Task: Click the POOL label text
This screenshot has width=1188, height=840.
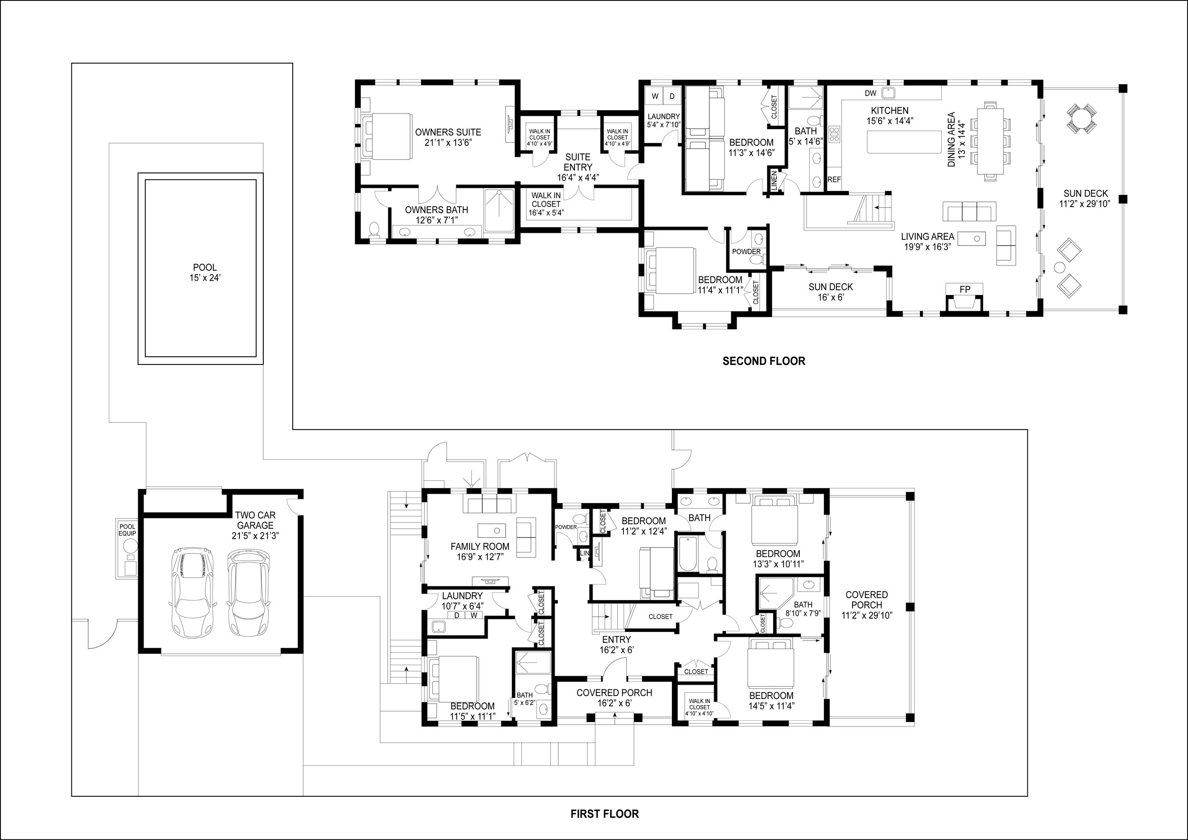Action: [x=205, y=267]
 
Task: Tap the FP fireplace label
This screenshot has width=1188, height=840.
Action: [x=965, y=290]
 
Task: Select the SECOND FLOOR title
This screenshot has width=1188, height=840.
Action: [x=764, y=361]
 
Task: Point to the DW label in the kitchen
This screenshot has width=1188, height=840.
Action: [x=871, y=93]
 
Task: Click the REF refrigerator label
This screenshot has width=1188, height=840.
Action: [x=834, y=180]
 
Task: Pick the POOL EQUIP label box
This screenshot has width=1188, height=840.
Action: [x=127, y=530]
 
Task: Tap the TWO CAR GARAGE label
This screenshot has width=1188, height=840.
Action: [x=255, y=520]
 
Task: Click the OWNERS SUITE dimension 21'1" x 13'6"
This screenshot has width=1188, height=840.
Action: [x=448, y=143]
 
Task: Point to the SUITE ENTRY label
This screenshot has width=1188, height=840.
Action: [x=578, y=162]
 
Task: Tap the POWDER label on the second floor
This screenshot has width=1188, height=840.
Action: [x=746, y=252]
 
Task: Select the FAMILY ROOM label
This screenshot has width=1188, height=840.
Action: [x=479, y=546]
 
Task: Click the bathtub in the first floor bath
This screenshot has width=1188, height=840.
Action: [x=688, y=554]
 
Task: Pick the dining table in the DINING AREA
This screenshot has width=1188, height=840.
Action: [x=990, y=141]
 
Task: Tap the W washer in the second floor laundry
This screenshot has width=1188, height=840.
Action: [x=655, y=96]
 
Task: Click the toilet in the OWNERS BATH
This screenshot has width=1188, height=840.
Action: [x=374, y=229]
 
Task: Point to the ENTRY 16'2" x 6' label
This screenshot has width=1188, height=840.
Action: [x=616, y=644]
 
